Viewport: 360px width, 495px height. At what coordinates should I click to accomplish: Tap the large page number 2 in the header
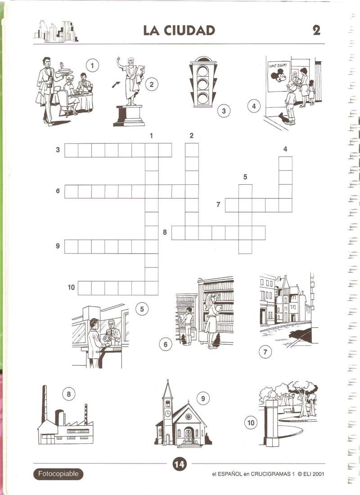(316, 30)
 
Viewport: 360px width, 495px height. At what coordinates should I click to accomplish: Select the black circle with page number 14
(179, 464)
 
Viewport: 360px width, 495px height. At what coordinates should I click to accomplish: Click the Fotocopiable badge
(58, 473)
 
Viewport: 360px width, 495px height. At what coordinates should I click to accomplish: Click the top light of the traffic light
(202, 71)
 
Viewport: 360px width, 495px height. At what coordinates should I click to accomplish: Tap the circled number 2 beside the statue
(152, 84)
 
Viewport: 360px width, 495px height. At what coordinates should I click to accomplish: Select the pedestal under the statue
(129, 116)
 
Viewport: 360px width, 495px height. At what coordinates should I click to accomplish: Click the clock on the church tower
(168, 413)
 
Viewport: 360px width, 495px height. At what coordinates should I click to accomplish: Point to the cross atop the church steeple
(167, 381)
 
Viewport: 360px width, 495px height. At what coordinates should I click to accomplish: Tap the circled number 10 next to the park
(251, 423)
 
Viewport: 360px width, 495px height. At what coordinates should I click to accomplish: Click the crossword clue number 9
(58, 245)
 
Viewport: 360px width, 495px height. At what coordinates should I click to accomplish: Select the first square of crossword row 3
(72, 150)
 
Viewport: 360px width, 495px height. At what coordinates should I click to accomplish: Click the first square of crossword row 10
(85, 288)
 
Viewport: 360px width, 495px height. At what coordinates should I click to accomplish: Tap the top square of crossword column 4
(285, 164)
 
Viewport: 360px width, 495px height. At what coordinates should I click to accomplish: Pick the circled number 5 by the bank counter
(142, 309)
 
